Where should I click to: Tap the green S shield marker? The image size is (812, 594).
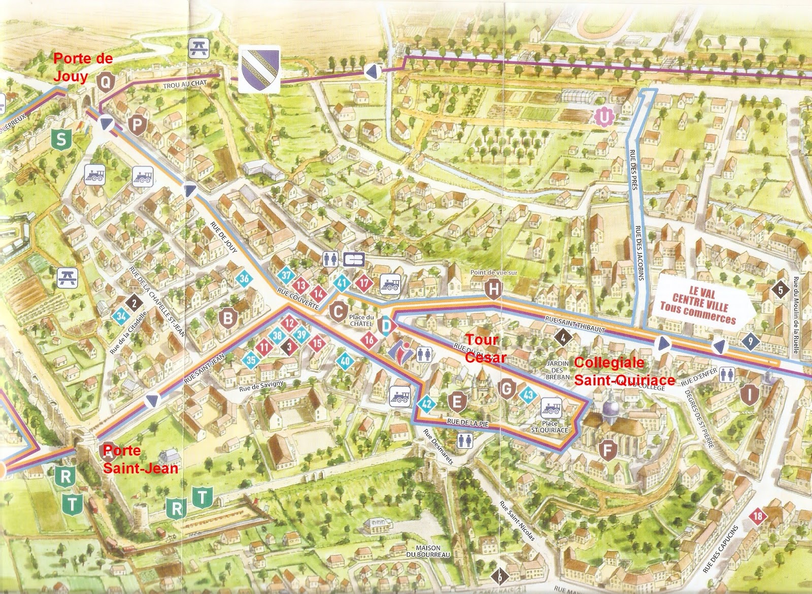click(x=61, y=139)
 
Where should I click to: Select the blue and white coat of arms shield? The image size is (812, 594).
click(x=259, y=70)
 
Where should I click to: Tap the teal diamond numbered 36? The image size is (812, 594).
click(x=244, y=278)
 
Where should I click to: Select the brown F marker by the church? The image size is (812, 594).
click(x=607, y=449)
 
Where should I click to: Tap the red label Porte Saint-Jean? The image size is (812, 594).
click(x=141, y=460)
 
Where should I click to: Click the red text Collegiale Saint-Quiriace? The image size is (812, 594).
click(x=624, y=371)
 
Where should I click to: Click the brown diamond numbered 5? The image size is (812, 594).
click(x=781, y=290)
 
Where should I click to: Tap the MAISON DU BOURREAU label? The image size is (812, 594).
click(x=432, y=551)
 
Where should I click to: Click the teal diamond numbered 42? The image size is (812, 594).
click(x=427, y=404)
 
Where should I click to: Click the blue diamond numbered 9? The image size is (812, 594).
click(x=750, y=341)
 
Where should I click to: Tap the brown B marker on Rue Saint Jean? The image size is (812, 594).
click(x=228, y=318)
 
